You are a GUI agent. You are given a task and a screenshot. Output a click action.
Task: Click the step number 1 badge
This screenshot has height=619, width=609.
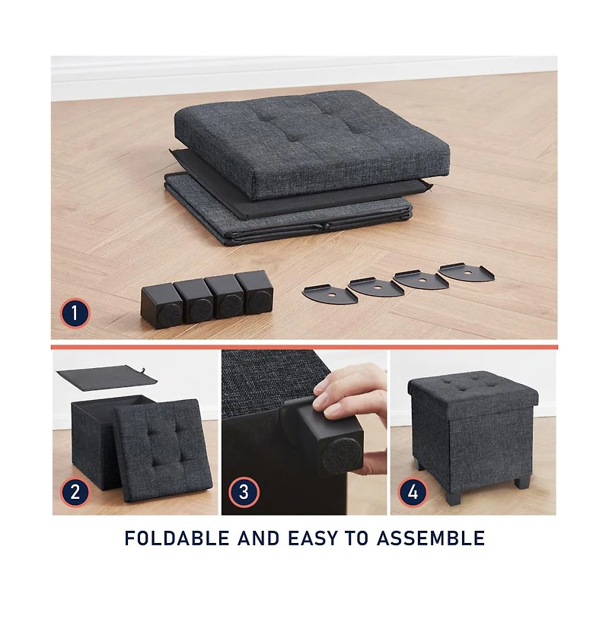[75, 314]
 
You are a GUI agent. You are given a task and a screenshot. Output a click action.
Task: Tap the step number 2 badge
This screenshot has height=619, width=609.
[75, 492]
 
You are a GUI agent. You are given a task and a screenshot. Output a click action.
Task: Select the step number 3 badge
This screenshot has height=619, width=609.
[244, 492]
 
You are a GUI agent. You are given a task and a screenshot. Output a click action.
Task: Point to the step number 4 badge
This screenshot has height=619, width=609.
[413, 492]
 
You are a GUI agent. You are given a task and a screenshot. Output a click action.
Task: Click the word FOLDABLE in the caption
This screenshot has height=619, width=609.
[177, 538]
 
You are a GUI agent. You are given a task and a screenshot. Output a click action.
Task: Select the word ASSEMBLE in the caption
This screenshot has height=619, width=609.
[431, 538]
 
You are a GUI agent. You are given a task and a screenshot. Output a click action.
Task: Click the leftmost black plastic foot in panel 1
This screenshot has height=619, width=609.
[162, 306]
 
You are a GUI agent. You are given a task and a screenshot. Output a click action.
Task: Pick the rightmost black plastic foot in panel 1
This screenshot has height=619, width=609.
[255, 292]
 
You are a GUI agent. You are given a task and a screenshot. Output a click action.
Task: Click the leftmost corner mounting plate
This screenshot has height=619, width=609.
[330, 294]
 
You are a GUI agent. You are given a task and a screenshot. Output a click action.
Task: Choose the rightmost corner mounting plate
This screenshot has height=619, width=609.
[467, 272]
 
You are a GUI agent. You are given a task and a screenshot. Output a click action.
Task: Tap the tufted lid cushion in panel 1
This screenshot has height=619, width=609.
[312, 144]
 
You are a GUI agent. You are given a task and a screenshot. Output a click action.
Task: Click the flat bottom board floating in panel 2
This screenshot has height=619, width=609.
[107, 378]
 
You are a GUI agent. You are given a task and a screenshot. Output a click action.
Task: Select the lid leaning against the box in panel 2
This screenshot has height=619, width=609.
[163, 450]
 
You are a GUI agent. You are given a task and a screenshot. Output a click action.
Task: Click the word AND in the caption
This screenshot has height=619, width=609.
[259, 538]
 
